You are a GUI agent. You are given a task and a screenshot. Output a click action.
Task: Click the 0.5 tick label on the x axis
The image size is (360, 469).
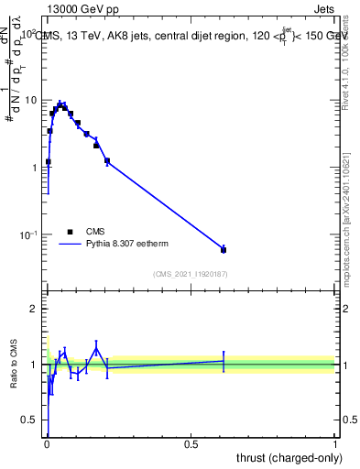pos(191,444)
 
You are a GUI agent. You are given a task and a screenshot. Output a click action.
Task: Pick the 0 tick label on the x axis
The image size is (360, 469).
pos(46,444)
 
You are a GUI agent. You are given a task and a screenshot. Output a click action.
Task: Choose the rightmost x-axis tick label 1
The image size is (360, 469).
pos(335,444)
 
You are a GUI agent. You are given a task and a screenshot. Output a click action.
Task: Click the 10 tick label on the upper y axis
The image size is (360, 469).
pos(28,100)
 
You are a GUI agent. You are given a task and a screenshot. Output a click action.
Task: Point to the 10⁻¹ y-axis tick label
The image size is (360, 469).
pos(27,235)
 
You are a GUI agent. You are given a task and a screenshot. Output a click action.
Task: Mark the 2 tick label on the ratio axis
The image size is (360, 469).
pos(32,309)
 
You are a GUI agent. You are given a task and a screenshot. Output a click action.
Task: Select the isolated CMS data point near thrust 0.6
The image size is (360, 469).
pos(224,249)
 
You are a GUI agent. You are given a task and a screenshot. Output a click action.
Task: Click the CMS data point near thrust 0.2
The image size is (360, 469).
pos(107,161)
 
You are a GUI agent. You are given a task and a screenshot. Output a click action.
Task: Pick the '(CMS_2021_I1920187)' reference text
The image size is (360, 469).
pos(190,273)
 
